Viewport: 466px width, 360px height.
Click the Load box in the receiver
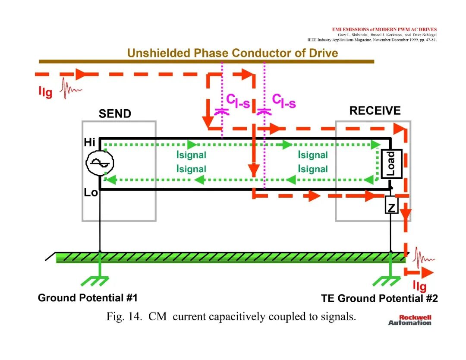pyautogui.click(x=391, y=164)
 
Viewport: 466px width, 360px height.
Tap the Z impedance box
pyautogui.click(x=391, y=205)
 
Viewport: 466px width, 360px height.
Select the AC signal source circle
pyautogui.click(x=100, y=163)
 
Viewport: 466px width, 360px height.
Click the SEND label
pyautogui.click(x=115, y=114)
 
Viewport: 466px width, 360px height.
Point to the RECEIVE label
pyautogui.click(x=375, y=111)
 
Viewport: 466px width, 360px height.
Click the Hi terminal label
pyautogui.click(x=89, y=142)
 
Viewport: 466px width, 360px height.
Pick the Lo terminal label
pyautogui.click(x=91, y=193)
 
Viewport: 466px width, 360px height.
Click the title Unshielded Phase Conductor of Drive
pyautogui.click(x=233, y=53)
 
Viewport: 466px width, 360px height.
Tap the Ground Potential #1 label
pyautogui.click(x=88, y=297)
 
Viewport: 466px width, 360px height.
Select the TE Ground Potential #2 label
pyautogui.click(x=380, y=298)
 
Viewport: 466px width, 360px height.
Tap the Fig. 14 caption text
pyautogui.click(x=231, y=316)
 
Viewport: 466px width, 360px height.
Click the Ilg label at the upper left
pyautogui.click(x=45, y=92)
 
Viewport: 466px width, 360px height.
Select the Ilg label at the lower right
pyautogui.click(x=420, y=286)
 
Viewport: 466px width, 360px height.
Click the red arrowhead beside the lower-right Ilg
pyautogui.click(x=427, y=272)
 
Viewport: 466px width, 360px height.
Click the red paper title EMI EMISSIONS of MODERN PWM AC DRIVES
pyautogui.click(x=384, y=29)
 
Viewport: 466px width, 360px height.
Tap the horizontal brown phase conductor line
pyautogui.click(x=207, y=62)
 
